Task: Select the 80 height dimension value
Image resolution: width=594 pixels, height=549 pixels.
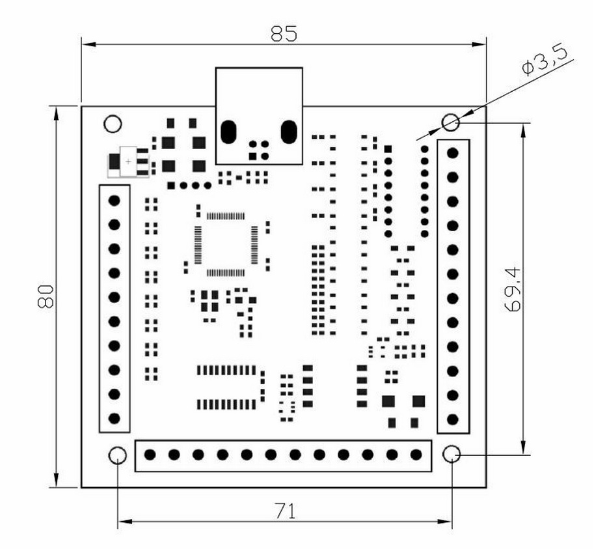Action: point(46,297)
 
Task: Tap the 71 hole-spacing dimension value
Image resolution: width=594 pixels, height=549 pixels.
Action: point(284,511)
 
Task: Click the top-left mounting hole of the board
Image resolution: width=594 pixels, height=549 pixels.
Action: point(113,123)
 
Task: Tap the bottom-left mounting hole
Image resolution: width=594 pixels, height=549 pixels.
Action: point(117,455)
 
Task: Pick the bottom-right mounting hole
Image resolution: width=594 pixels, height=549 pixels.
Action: point(452,454)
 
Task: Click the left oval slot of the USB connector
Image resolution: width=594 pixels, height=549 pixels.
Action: point(228,132)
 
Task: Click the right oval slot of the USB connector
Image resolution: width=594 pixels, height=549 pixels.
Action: point(288,132)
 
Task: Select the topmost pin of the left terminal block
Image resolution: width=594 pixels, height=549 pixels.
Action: point(115,200)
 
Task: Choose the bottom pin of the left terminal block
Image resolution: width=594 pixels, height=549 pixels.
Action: point(115,418)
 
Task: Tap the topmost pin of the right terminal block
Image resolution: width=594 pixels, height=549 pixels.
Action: point(453,152)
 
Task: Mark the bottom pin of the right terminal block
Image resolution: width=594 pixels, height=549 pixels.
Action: point(453,419)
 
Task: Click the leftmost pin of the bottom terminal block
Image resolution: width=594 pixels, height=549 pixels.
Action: point(150,455)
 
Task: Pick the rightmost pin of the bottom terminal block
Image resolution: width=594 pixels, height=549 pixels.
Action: point(416,455)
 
